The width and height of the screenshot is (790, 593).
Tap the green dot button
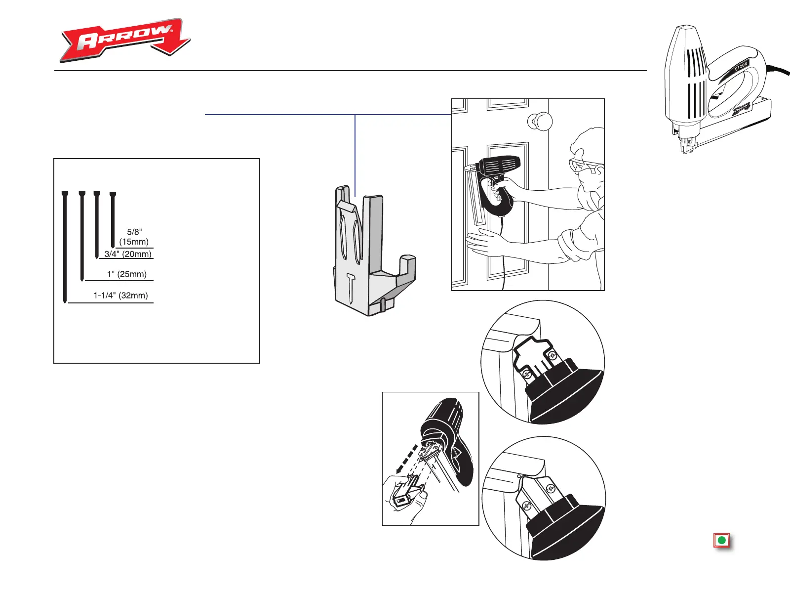tap(721, 540)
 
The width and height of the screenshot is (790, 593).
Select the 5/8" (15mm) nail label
tap(134, 237)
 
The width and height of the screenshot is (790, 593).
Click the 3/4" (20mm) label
tap(128, 254)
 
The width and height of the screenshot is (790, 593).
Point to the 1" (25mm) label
tap(127, 274)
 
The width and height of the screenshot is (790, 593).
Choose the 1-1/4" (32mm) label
tap(121, 296)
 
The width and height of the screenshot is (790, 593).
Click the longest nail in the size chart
tap(65, 247)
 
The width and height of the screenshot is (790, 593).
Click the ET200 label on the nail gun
tap(741, 66)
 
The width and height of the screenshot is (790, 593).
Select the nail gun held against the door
tap(496, 183)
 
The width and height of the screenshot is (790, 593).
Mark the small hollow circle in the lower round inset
tap(519, 476)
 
